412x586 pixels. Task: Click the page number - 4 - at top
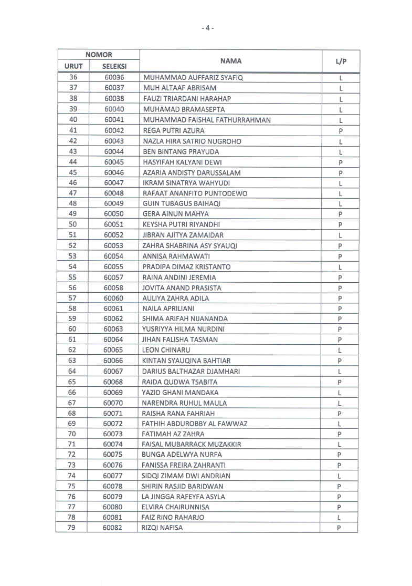pyautogui.click(x=208, y=28)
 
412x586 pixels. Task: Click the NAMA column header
pyautogui.click(x=231, y=61)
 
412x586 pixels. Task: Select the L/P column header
pyautogui.click(x=341, y=61)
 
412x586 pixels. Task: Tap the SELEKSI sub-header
pyautogui.click(x=114, y=67)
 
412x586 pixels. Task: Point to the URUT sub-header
pyautogui.click(x=73, y=67)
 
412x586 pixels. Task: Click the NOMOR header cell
pyautogui.click(x=99, y=55)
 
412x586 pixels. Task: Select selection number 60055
pyautogui.click(x=113, y=267)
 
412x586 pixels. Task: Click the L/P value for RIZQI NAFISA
pyautogui.click(x=340, y=528)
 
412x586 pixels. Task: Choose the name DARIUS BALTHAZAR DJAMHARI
pyautogui.click(x=191, y=371)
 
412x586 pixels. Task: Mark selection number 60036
pyautogui.click(x=114, y=78)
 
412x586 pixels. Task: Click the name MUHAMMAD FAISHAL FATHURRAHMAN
pyautogui.click(x=207, y=120)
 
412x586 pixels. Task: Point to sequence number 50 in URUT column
pyautogui.click(x=72, y=225)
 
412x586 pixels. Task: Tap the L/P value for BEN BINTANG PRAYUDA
pyautogui.click(x=340, y=151)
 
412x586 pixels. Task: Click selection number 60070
pyautogui.click(x=113, y=403)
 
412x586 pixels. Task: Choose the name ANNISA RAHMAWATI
pyautogui.click(x=176, y=256)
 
